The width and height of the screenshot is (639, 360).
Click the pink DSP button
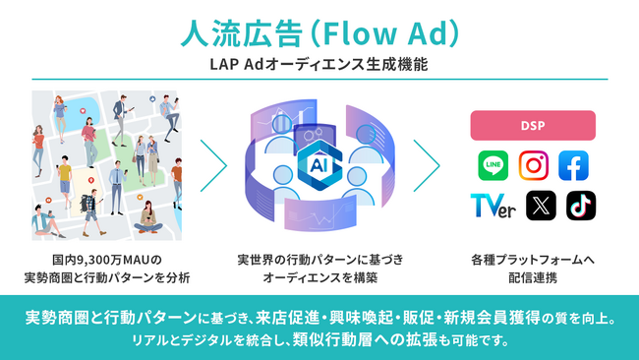[x=533, y=125]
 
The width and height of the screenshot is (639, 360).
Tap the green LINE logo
[x=493, y=165]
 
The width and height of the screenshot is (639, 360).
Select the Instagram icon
[x=533, y=165]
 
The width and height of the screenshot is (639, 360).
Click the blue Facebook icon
[x=573, y=165]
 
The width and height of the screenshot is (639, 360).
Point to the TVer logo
[x=492, y=206]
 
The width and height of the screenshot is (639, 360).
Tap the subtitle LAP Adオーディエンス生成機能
[x=319, y=65]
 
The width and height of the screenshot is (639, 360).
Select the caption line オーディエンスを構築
[x=319, y=278]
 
